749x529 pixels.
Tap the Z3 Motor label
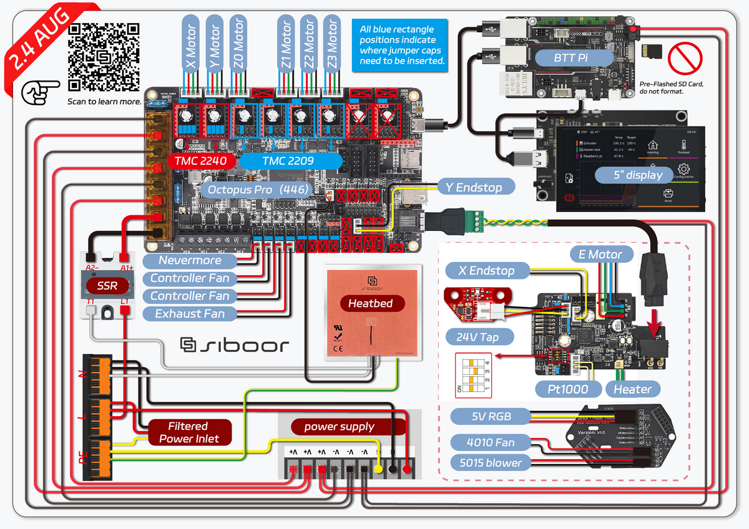click(331, 44)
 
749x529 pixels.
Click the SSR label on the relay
click(107, 286)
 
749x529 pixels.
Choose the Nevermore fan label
click(190, 261)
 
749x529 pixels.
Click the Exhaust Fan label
click(190, 313)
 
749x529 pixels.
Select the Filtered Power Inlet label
click(189, 432)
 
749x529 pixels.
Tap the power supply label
click(339, 427)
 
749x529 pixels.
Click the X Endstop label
click(487, 271)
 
